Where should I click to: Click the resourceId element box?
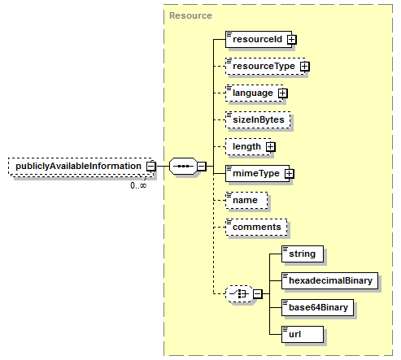[x=259, y=39]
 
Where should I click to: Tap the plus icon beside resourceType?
[x=305, y=66]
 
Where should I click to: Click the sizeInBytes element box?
[x=258, y=119]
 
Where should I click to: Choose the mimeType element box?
[x=257, y=173]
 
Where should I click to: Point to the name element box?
[x=246, y=200]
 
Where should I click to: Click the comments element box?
[x=256, y=227]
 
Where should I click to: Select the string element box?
[x=303, y=254]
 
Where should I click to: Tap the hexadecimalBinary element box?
[x=329, y=280]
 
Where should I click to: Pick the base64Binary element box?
[x=317, y=307]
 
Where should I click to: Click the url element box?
[x=303, y=334]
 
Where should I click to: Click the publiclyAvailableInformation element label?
[x=78, y=166]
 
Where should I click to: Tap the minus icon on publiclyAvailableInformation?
[x=151, y=166]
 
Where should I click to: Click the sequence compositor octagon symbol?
[x=183, y=166]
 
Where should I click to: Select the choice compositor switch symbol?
[x=239, y=293]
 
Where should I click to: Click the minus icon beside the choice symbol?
[x=258, y=293]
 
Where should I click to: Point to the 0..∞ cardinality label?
[x=138, y=185]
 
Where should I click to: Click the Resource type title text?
[x=190, y=15]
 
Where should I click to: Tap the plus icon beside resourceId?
[x=292, y=40]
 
